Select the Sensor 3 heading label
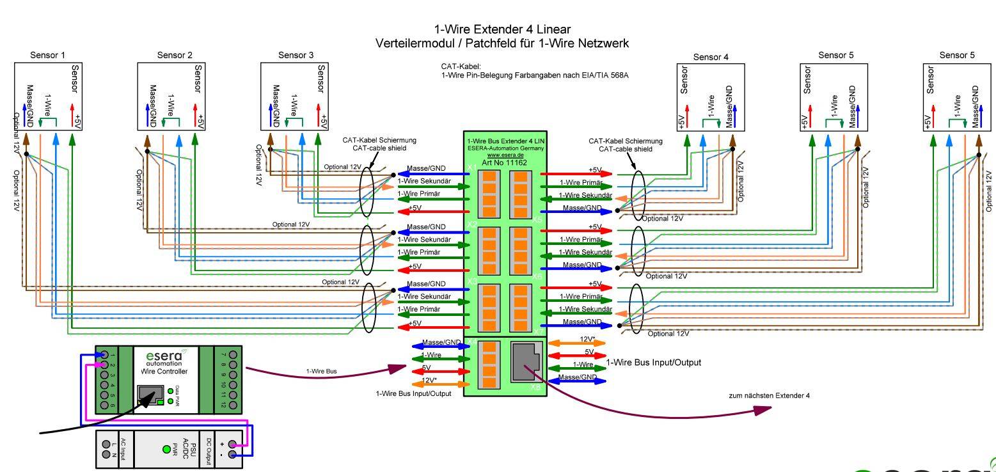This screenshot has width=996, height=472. tap(296, 55)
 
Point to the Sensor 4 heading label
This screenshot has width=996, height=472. tap(711, 57)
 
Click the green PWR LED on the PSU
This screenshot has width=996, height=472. tap(166, 449)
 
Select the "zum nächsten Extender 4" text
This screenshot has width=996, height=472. tap(769, 395)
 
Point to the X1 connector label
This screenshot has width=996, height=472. tap(471, 167)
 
